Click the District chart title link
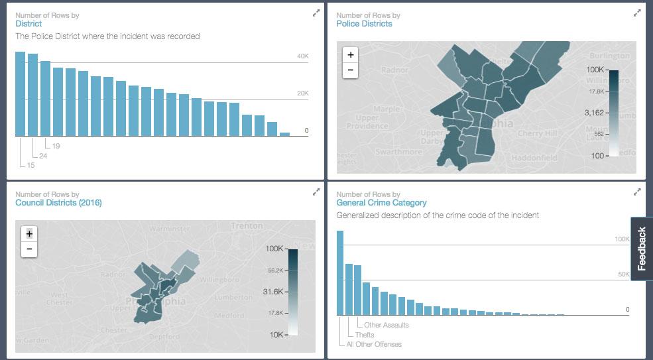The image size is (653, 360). tap(29, 24)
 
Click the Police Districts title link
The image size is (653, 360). tap(364, 24)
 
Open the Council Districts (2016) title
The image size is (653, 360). tap(58, 203)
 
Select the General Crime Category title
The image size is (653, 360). tap(381, 203)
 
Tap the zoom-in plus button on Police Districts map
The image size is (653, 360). tap(351, 55)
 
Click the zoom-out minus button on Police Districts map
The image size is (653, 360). tap(351, 70)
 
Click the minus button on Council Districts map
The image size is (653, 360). tap(29, 249)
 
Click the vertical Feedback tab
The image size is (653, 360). tap(641, 249)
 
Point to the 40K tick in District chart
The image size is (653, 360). tap(302, 57)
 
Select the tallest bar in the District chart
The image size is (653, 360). tap(20, 93)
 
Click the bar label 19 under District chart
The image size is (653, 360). tap(56, 146)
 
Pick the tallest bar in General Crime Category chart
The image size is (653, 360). tap(340, 272)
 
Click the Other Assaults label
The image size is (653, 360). tap(386, 325)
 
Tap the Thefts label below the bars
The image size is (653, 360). tap(365, 335)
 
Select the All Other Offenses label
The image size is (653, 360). tap(374, 344)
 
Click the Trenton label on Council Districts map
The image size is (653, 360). tap(247, 226)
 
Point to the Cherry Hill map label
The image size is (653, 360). tap(538, 133)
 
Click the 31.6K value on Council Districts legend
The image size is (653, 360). tap(273, 291)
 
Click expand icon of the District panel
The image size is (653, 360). tap(316, 13)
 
